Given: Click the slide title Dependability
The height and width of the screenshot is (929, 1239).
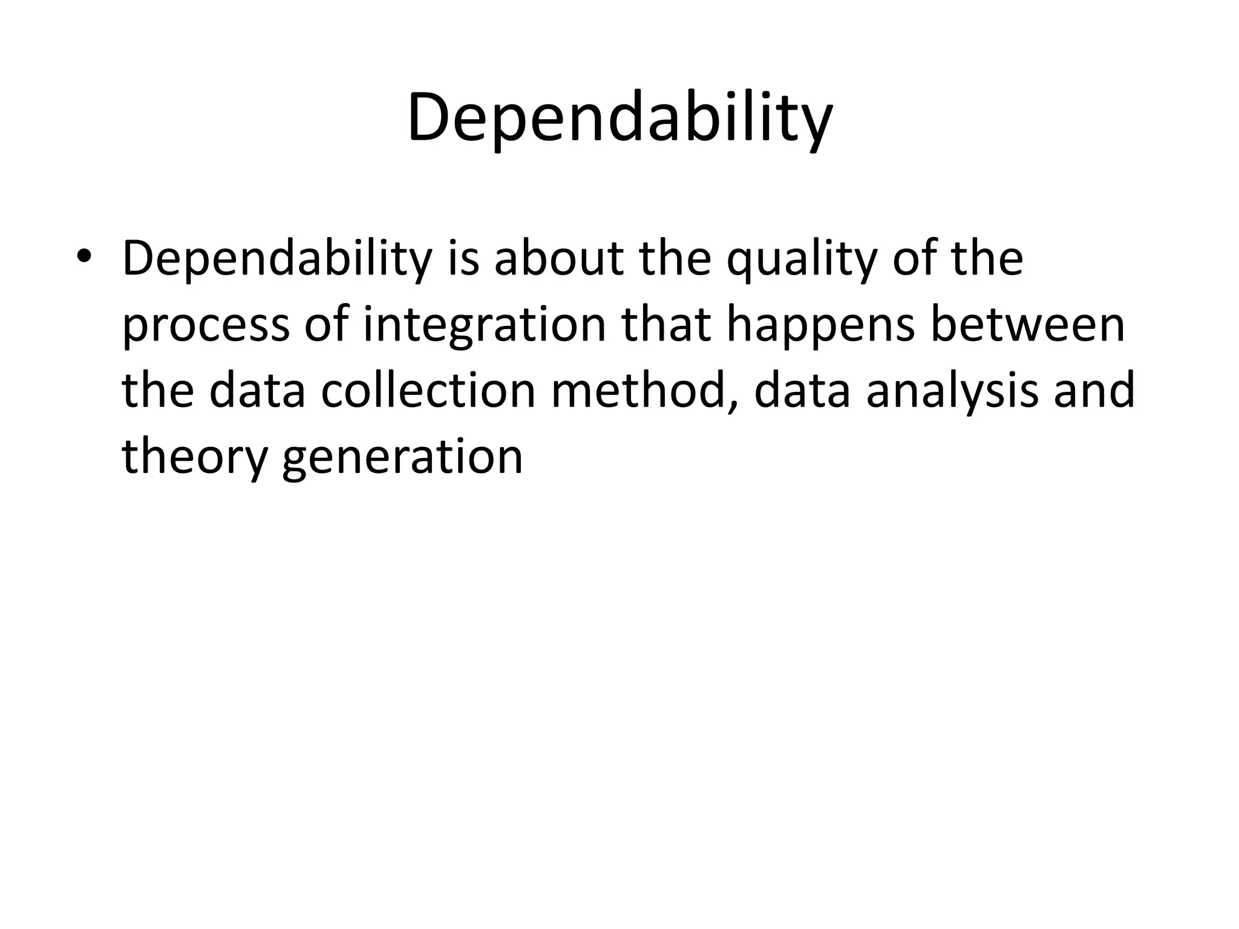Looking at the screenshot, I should click(x=619, y=118).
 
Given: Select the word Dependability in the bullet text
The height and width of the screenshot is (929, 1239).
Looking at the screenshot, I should click(x=277, y=259).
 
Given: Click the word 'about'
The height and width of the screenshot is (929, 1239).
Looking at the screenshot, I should click(x=558, y=259).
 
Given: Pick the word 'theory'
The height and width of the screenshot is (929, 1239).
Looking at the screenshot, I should click(x=194, y=458).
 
